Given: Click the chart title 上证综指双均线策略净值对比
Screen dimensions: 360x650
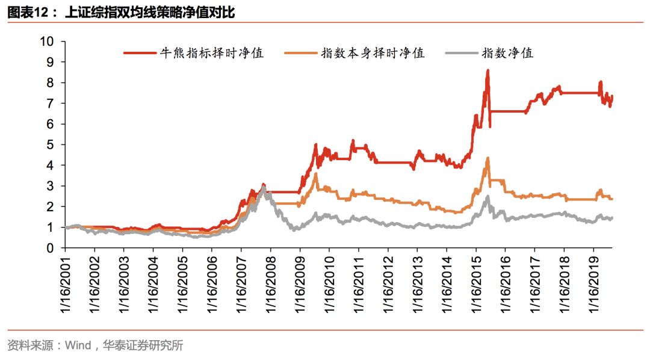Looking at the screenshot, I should pyautogui.click(x=150, y=11).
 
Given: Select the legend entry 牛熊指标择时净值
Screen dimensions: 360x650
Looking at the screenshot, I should pyautogui.click(x=211, y=53).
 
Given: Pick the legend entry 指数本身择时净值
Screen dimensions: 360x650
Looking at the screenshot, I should pyautogui.click(x=373, y=53).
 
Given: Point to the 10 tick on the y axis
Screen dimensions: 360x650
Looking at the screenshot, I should pyautogui.click(x=47, y=42).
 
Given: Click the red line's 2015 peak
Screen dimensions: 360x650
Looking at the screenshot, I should pyautogui.click(x=487, y=70).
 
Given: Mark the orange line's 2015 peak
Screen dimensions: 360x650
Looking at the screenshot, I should pyautogui.click(x=487, y=158).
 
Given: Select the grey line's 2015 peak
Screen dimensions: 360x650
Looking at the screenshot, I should pyautogui.click(x=487, y=197).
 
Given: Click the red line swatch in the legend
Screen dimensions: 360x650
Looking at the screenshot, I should pyautogui.click(x=139, y=53).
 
